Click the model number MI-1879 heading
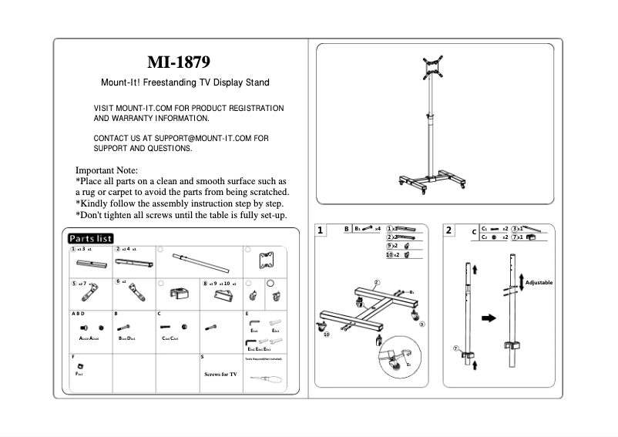178,62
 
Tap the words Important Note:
106,170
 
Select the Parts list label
90,238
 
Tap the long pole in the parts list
201,263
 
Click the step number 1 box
321,230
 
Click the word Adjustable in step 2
539,283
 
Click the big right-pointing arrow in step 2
488,317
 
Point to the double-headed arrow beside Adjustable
522,283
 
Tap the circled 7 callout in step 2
455,348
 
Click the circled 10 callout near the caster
326,334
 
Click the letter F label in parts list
72,358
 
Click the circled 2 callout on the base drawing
377,282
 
